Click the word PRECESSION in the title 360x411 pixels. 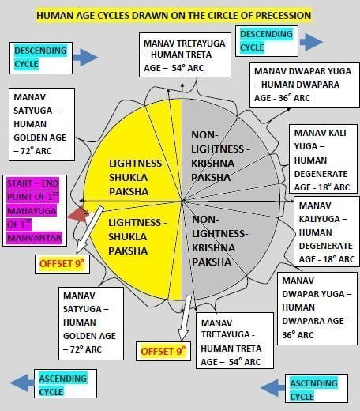pos(283,15)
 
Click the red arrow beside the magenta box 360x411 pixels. pos(78,214)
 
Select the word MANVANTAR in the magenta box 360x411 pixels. pos(35,238)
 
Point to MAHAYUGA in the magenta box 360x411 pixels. pos(32,211)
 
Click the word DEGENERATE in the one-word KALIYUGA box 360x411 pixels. pos(325,246)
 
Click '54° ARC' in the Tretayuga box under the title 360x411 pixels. pos(188,68)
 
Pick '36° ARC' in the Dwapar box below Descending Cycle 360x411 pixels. pos(294,98)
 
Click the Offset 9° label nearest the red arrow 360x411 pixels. pos(62,263)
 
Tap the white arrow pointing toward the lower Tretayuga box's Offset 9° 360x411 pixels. pos(185,319)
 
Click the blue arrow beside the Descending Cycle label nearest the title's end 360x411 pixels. pos(311,42)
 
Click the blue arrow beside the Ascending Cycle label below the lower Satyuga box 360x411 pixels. pos(22,383)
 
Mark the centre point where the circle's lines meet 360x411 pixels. pos(182,201)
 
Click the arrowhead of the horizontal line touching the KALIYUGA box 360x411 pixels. pos(291,201)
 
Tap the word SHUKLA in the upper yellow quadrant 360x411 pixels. pos(128,177)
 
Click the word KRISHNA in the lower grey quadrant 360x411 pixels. pos(213,247)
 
